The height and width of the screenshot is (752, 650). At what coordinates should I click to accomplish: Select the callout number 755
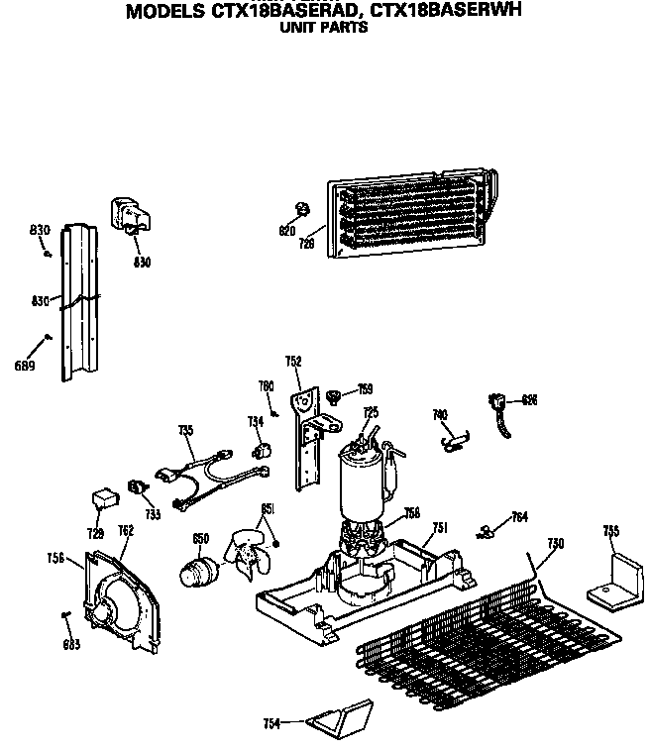(611, 532)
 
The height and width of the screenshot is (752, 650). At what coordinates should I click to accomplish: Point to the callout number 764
(519, 516)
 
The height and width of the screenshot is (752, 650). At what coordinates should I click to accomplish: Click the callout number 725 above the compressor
(371, 412)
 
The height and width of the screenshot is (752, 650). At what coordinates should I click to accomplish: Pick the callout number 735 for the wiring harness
(184, 430)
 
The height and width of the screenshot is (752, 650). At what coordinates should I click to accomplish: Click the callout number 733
(152, 514)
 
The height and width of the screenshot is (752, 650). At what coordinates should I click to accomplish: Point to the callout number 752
(293, 361)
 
